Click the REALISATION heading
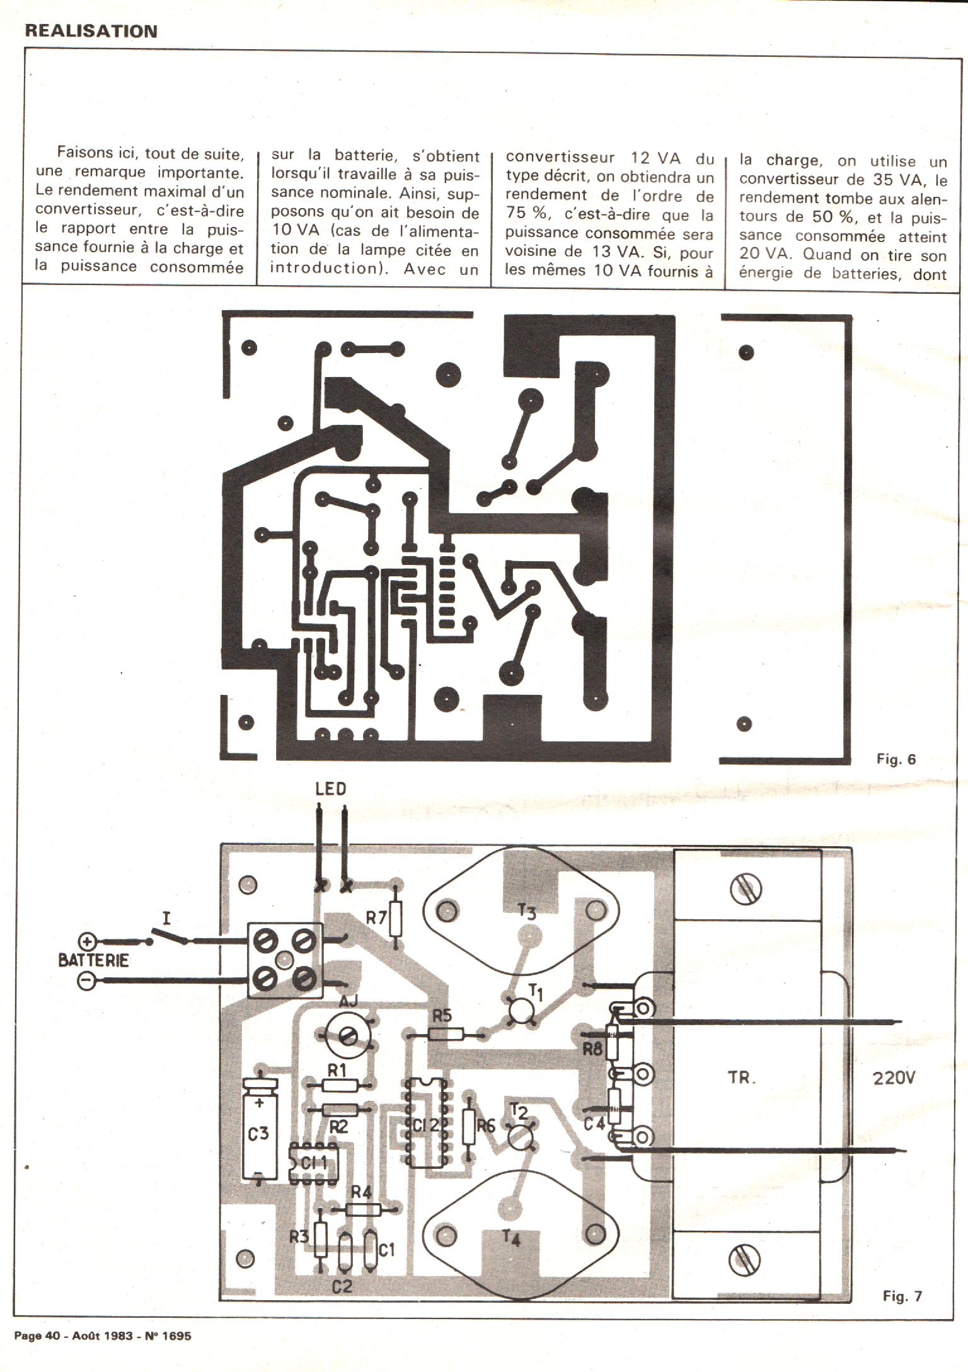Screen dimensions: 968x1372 tap(91, 31)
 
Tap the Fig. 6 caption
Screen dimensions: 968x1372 tap(896, 759)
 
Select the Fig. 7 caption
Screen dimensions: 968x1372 tap(902, 1296)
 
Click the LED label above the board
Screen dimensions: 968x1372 tap(331, 789)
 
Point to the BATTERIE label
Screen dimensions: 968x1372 tap(93, 961)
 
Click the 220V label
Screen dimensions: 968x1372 tap(893, 1078)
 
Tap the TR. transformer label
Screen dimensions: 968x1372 tap(742, 1078)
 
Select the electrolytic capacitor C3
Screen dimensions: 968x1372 tap(259, 1133)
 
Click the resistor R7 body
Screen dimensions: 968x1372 tap(395, 919)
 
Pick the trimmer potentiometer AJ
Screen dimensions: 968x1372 tap(347, 1034)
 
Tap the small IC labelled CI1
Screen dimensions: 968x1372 tap(313, 1163)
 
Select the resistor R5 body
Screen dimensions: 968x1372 tap(446, 1033)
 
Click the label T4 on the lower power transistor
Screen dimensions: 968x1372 tap(512, 1238)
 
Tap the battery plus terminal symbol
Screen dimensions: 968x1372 tap(88, 942)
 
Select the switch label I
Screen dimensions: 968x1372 tap(166, 918)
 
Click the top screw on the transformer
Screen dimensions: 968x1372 tap(745, 890)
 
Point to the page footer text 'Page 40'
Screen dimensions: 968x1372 tap(37, 1335)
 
